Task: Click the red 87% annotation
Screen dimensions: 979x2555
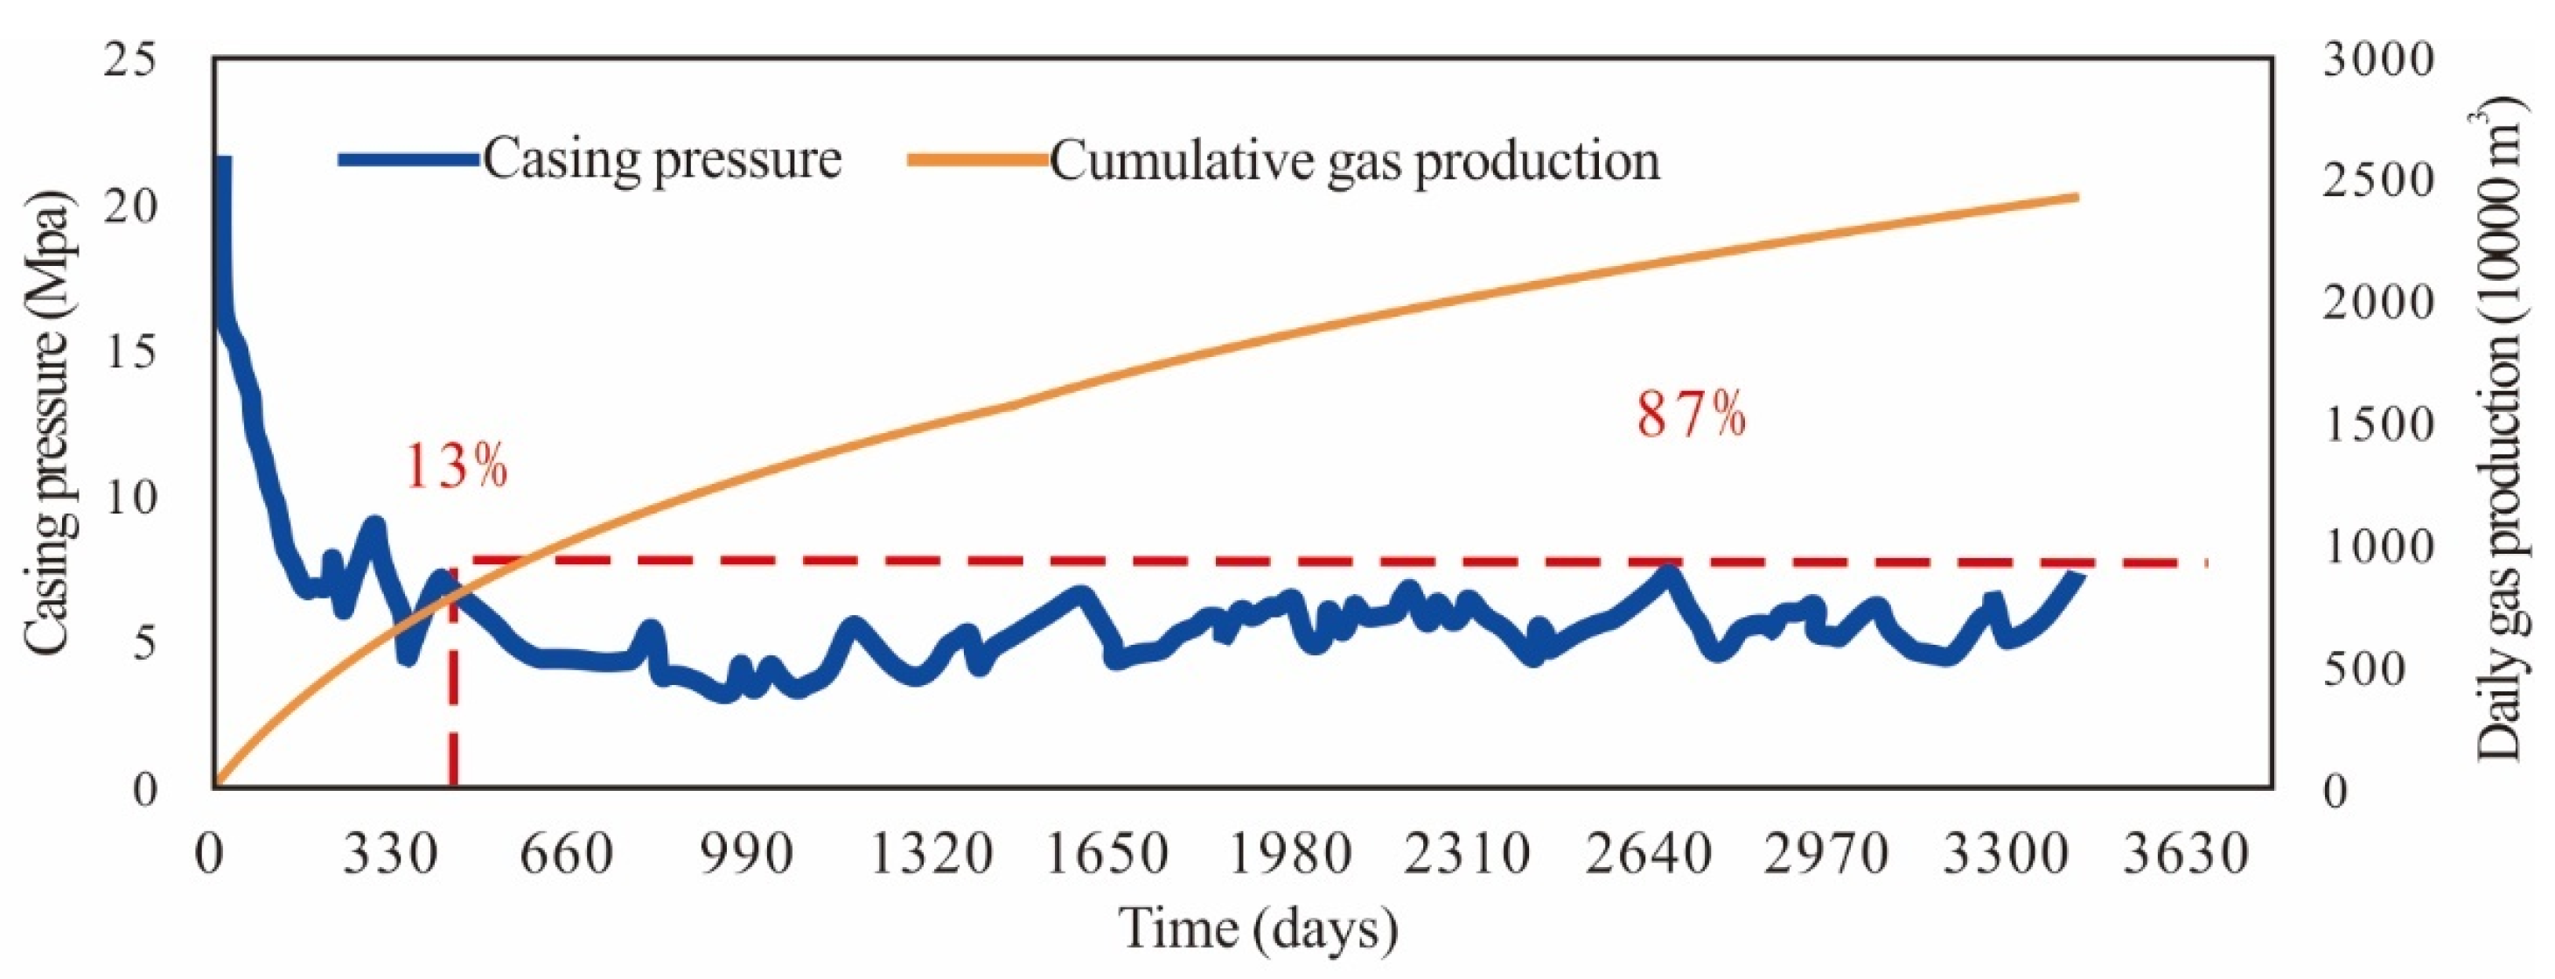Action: click(x=1690, y=414)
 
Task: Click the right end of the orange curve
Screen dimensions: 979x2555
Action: click(x=2074, y=198)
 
